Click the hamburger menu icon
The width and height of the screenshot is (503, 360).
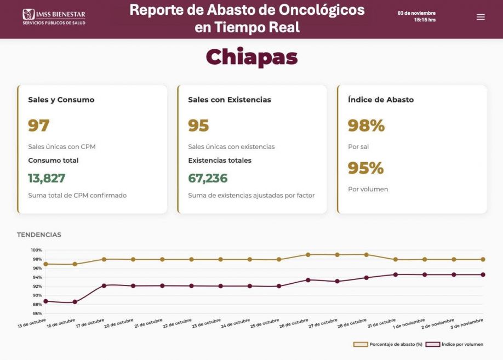[x=481, y=17]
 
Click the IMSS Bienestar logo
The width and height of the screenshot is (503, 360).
[x=54, y=16]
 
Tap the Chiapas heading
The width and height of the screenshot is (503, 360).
[x=251, y=57]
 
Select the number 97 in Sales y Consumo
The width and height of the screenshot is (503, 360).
[x=39, y=125]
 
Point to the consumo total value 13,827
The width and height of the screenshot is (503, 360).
[x=47, y=178]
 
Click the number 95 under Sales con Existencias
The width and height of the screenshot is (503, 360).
[x=198, y=125]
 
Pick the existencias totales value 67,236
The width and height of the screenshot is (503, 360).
[x=208, y=178]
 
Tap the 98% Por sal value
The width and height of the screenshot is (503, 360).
[x=366, y=125]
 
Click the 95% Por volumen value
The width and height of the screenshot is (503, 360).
[x=365, y=168]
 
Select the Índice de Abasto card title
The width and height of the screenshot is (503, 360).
[x=381, y=100]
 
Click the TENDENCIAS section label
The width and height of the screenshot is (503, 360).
[x=39, y=235]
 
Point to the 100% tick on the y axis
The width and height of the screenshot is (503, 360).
[x=37, y=250]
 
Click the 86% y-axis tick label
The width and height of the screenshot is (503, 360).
[x=37, y=313]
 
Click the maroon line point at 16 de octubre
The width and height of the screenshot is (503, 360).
[x=75, y=302]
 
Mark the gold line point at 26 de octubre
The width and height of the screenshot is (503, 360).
[x=308, y=255]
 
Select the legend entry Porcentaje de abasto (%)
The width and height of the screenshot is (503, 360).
[x=388, y=344]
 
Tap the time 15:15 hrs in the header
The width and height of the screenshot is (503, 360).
[x=425, y=20]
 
